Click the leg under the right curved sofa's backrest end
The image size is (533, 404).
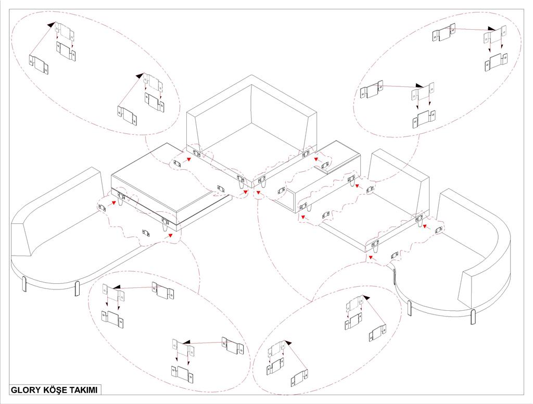coord(473,316)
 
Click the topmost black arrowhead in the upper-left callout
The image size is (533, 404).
coord(51,24)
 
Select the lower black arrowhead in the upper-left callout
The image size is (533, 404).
coord(139,75)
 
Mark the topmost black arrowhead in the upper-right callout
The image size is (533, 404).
coord(491,29)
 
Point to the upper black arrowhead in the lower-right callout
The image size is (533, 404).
coord(365,297)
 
